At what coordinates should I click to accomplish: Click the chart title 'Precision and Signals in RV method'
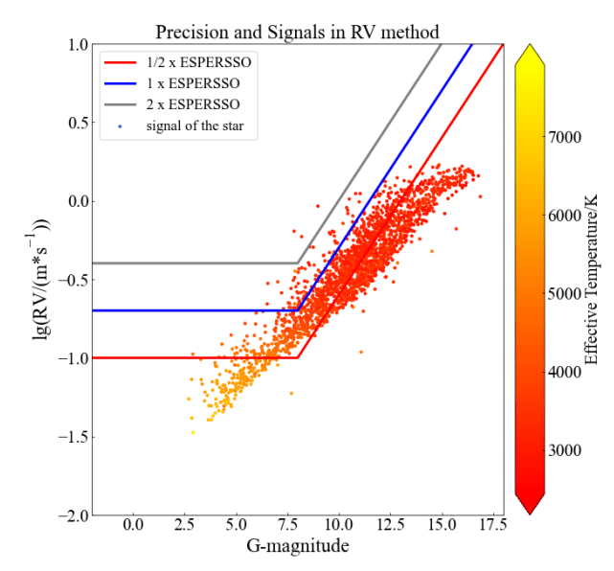tap(299, 30)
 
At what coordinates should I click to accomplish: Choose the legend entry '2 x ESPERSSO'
tap(198, 103)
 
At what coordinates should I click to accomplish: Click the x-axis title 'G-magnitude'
tap(299, 547)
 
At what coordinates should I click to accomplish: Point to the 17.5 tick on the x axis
tap(493, 525)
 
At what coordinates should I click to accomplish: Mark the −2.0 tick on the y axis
tap(71, 515)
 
